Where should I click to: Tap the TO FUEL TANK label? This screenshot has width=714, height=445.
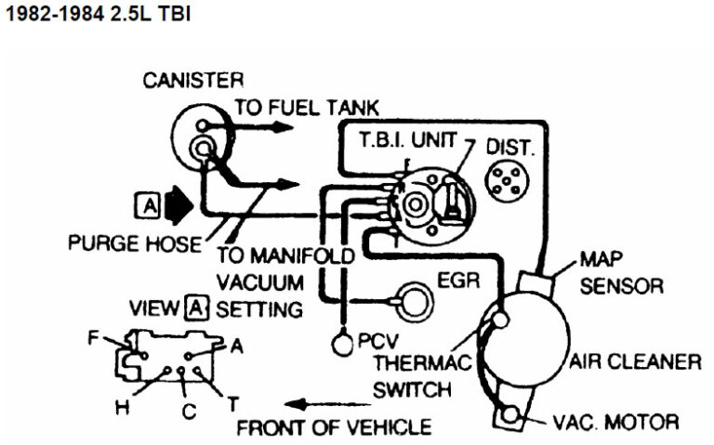point(306,107)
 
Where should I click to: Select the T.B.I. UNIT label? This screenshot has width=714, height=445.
point(409,141)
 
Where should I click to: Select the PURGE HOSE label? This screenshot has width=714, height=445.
point(134,245)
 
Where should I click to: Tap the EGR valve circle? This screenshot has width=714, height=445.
point(409,298)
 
